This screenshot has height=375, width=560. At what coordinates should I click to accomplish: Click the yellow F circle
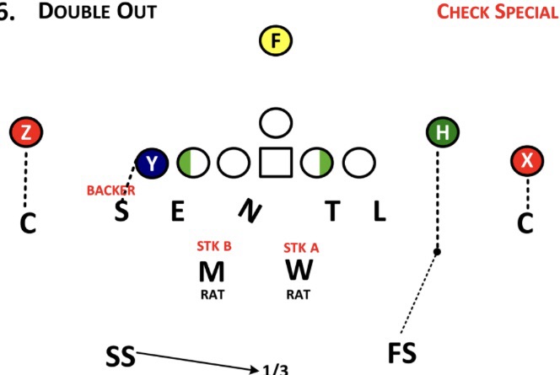tap(275, 40)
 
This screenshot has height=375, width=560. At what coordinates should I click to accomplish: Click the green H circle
tap(442, 132)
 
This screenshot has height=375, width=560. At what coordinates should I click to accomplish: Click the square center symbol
tap(275, 162)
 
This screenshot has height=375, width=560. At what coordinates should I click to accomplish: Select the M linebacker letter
tap(212, 272)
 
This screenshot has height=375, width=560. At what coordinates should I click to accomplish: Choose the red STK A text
tap(300, 248)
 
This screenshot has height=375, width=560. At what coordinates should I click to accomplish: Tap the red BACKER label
tap(110, 190)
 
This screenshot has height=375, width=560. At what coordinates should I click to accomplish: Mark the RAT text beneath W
tap(299, 295)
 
